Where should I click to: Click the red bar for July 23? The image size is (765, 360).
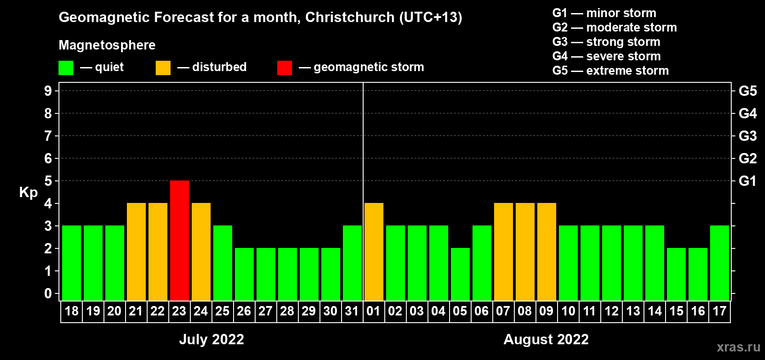click(x=180, y=240)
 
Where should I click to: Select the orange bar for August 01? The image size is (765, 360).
click(x=374, y=252)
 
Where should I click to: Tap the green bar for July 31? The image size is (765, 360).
click(x=352, y=263)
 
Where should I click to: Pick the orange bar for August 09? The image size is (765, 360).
click(x=547, y=252)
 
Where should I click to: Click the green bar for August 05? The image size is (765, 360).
click(x=460, y=274)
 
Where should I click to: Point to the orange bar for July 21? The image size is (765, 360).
click(x=136, y=252)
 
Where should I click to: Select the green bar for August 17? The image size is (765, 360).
click(x=720, y=263)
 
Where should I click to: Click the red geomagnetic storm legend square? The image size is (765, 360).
click(x=284, y=68)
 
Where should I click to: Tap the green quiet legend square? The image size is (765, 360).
click(x=66, y=68)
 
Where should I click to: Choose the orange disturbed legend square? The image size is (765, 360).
click(x=163, y=68)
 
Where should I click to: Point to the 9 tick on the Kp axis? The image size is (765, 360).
click(x=48, y=91)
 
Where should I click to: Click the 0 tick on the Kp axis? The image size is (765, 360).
click(x=48, y=293)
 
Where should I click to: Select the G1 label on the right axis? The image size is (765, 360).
click(x=747, y=181)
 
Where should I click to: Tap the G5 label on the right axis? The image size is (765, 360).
click(x=747, y=91)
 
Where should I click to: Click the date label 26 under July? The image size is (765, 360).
click(x=244, y=311)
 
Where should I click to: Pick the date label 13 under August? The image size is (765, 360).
click(x=633, y=311)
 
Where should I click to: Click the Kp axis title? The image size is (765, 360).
click(x=28, y=193)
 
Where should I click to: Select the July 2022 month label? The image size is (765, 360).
click(x=211, y=339)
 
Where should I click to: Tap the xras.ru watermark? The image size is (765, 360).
click(x=738, y=346)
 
